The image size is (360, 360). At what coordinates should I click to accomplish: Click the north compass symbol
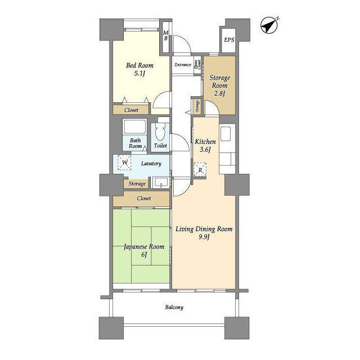pyautogui.click(x=269, y=25)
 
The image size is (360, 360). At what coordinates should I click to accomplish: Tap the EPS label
pyautogui.click(x=229, y=40)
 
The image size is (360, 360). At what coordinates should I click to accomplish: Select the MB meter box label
pyautogui.click(x=166, y=36)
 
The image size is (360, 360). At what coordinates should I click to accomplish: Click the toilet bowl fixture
pyautogui.click(x=160, y=131)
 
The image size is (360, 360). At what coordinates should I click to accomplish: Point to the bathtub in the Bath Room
pyautogui.click(x=134, y=127)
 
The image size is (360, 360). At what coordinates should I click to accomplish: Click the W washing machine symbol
pyautogui.click(x=124, y=163)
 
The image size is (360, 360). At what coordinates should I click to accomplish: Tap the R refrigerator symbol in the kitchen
pyautogui.click(x=200, y=170)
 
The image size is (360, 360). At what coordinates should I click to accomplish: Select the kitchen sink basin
pyautogui.click(x=225, y=134)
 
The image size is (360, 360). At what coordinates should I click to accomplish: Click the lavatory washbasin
pyautogui.click(x=161, y=183)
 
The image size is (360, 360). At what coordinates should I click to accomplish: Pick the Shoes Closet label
pyautogui.click(x=197, y=65)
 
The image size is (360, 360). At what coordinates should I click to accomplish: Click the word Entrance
pyautogui.click(x=183, y=65)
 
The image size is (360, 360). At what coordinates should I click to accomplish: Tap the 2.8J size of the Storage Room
pyautogui.click(x=219, y=93)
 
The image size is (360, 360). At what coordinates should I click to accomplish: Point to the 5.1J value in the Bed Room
pyautogui.click(x=139, y=74)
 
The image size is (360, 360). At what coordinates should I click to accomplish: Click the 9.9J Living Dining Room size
pyautogui.click(x=204, y=237)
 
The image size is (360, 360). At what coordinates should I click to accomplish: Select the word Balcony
pyautogui.click(x=174, y=308)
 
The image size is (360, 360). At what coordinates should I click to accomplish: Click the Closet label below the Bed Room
pyautogui.click(x=131, y=110)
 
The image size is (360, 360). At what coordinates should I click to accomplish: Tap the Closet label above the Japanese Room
pyautogui.click(x=144, y=199)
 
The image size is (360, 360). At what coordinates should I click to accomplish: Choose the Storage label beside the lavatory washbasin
pyautogui.click(x=137, y=184)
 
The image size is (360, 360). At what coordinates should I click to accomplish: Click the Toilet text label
pyautogui.click(x=160, y=146)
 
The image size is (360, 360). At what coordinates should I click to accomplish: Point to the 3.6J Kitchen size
pyautogui.click(x=205, y=150)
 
